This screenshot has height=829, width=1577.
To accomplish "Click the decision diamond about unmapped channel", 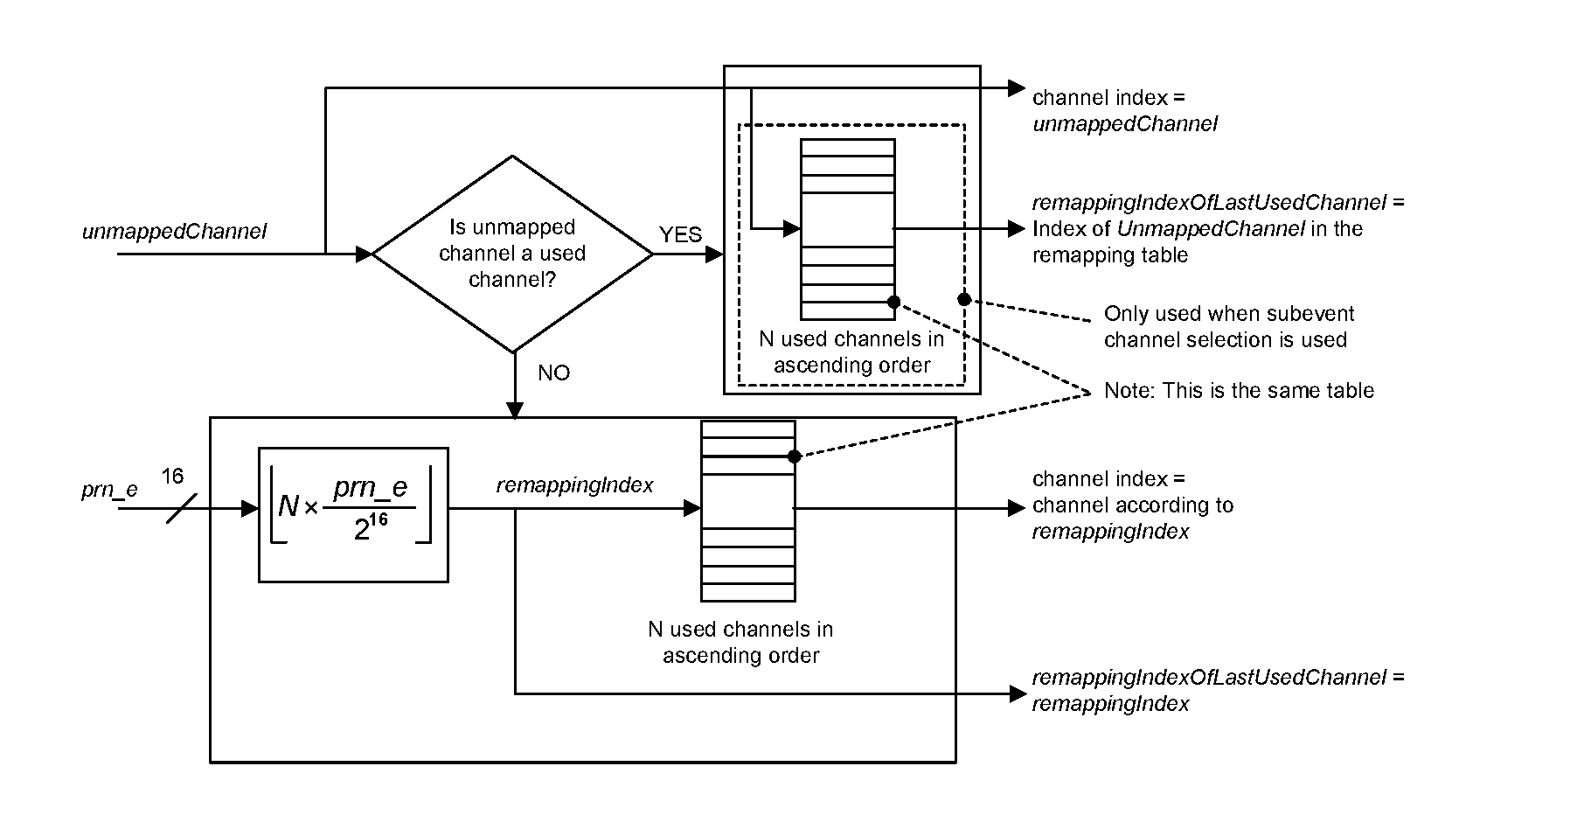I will coord(512,254).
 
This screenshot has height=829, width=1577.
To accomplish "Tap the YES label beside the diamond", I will coord(680,234).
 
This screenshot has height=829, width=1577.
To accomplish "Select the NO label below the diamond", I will coord(553,373).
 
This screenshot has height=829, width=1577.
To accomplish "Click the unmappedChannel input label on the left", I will coord(174,232).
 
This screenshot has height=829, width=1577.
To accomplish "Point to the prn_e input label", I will coord(109,489).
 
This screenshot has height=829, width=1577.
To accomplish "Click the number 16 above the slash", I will coord(172,476).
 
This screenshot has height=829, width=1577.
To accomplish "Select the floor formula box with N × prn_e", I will coord(353,514).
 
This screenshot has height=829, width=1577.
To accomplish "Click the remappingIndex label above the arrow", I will coord(574,485).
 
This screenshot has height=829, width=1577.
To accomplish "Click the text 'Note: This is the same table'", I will coord(1238,391).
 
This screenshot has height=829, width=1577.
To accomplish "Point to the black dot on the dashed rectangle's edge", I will coord(964,299).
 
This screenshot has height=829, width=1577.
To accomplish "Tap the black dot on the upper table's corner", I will coord(893,302).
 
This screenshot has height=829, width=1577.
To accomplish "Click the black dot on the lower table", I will coord(794,456).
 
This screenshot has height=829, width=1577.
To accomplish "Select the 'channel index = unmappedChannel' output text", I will coord(1124,111).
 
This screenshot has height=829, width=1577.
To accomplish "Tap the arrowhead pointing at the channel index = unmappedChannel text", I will coord(1016,87).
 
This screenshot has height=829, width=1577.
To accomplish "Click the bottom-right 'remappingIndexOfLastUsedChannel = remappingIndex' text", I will coord(1217,690).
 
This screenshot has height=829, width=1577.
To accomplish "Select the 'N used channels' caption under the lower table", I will coord(740,642).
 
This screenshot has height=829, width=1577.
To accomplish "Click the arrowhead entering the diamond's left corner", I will coord(364,254).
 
